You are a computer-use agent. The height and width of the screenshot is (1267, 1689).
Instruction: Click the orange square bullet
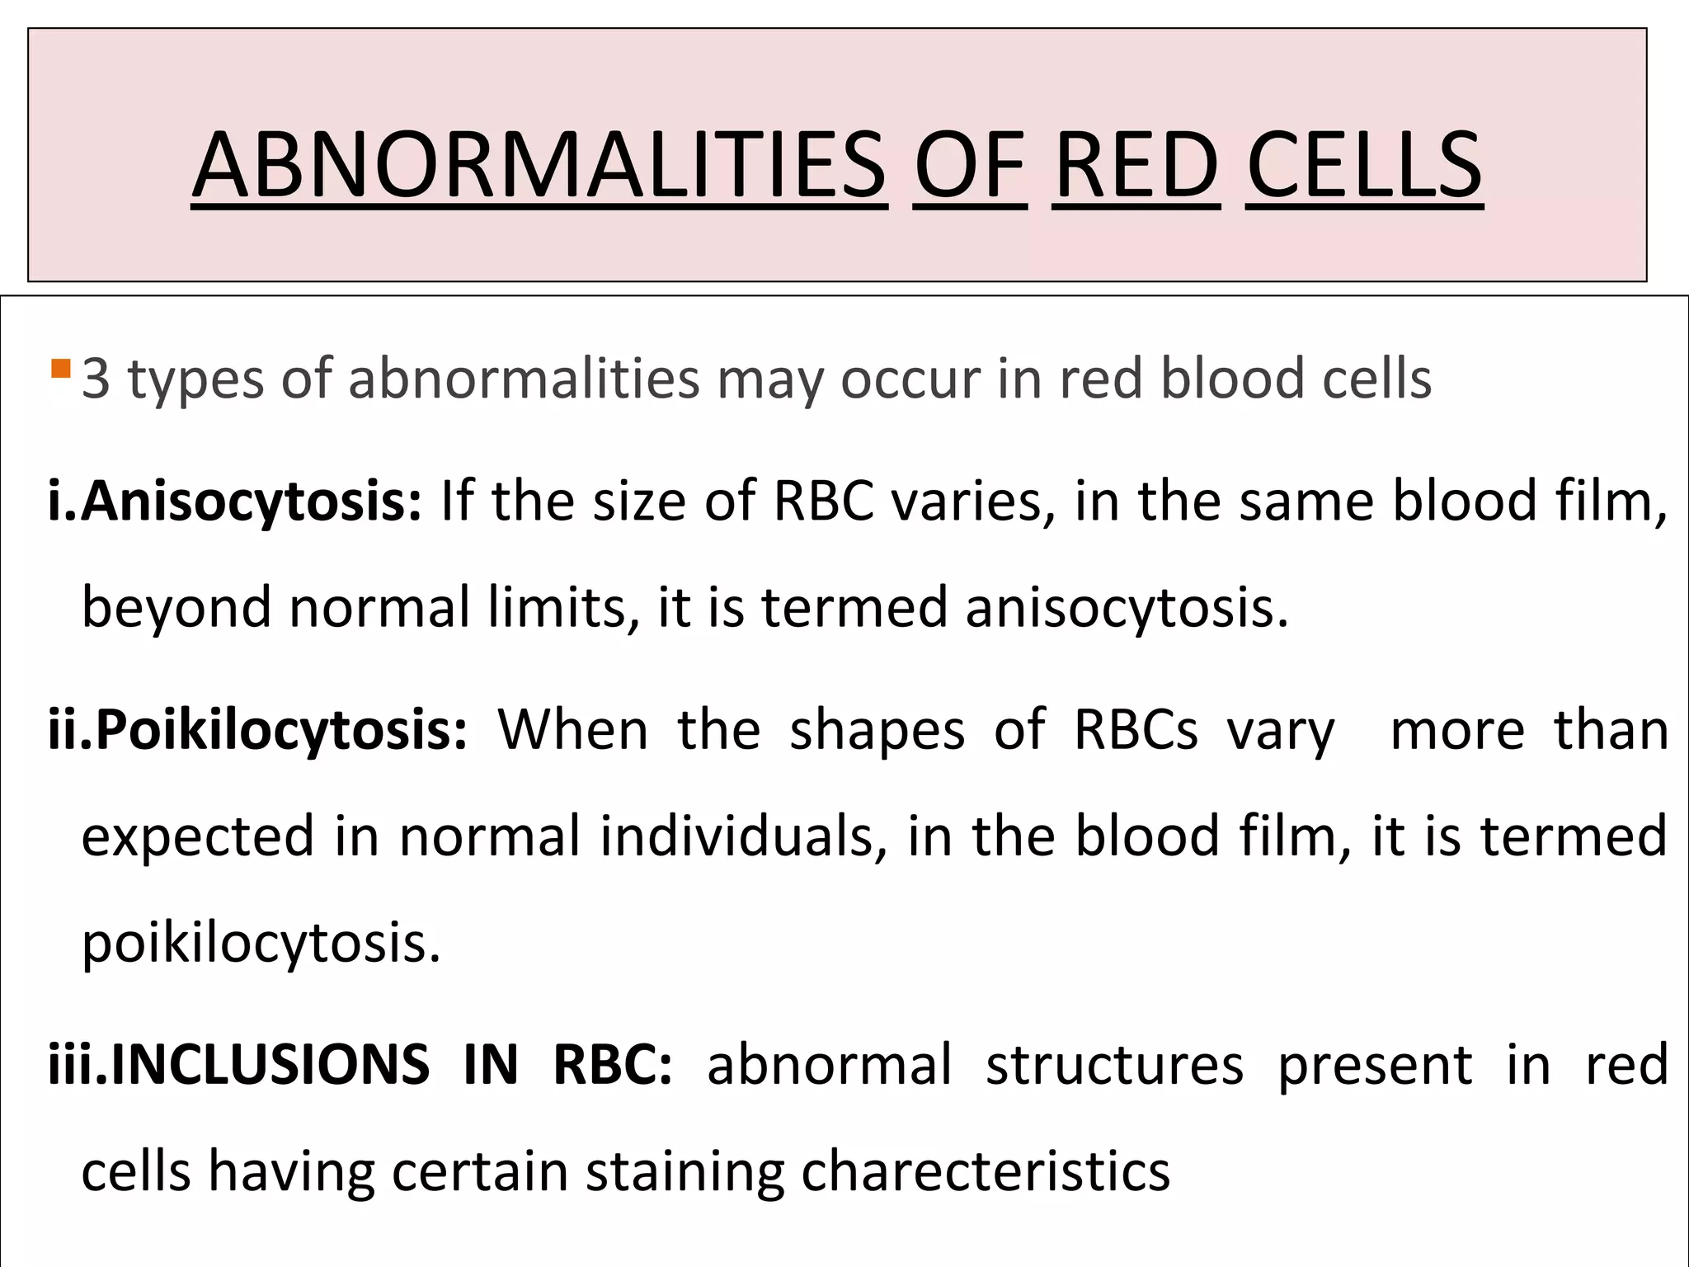coord(60,368)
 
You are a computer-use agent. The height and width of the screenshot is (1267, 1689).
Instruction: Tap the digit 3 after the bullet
coord(96,380)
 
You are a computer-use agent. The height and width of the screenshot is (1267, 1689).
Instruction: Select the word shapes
coord(877,731)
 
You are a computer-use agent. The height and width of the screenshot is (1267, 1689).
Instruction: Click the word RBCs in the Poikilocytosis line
coord(1135,731)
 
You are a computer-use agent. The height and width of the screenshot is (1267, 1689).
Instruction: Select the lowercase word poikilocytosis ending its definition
coord(261,943)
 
